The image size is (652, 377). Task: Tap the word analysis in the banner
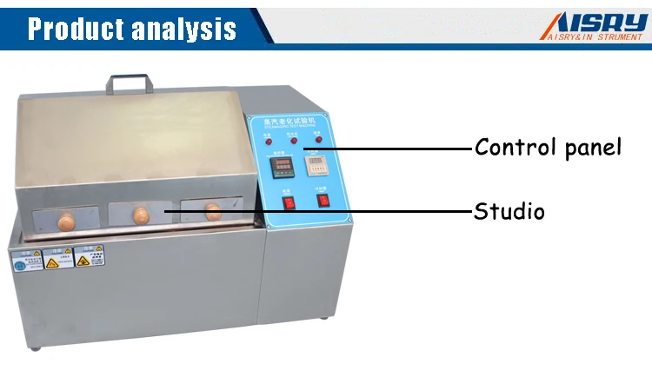click(x=183, y=29)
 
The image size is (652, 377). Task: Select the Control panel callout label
click(x=548, y=147)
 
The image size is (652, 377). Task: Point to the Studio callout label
click(x=509, y=210)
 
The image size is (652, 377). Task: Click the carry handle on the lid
click(x=130, y=83)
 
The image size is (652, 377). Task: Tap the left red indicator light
click(x=269, y=141)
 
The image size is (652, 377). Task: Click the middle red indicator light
click(x=293, y=141)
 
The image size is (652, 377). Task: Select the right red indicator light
click(x=317, y=140)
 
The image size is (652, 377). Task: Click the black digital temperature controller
click(x=281, y=166)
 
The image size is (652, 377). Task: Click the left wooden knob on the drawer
click(x=65, y=221)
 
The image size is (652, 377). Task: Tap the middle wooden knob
click(x=141, y=215)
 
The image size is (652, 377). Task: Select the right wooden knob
click(x=212, y=209)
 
